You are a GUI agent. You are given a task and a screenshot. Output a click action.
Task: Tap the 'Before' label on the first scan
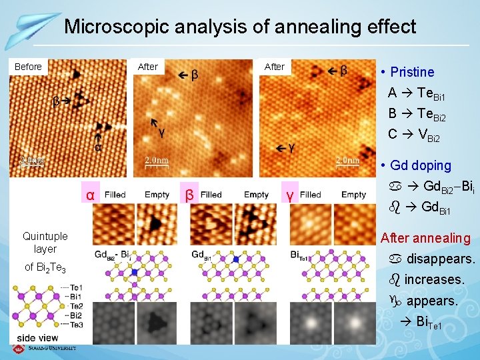click(x=28, y=67)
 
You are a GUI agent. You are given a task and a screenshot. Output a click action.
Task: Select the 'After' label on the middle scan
click(x=147, y=67)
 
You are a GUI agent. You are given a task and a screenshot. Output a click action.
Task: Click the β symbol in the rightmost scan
click(x=343, y=70)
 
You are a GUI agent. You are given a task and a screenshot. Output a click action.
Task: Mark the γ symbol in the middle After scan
click(x=161, y=133)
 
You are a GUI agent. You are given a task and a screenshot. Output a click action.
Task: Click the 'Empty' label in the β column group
click(x=256, y=195)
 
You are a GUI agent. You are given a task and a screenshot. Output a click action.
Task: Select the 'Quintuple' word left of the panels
click(x=45, y=236)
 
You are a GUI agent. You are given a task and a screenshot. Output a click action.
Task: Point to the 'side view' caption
click(x=37, y=338)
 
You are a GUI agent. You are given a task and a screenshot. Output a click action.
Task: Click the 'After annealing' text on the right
click(x=425, y=238)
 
